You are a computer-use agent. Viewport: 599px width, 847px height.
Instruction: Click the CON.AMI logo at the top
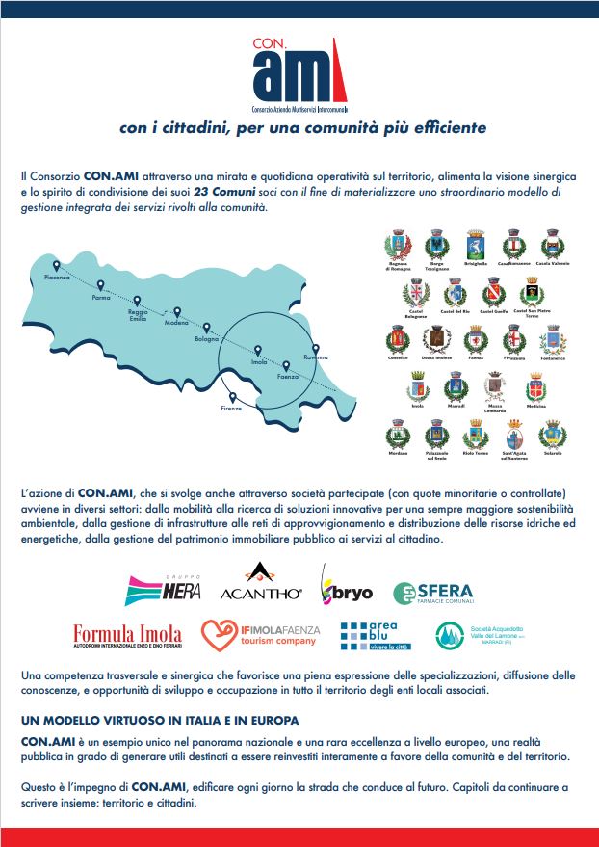[299, 73]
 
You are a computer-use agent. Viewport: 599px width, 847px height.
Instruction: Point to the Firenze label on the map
[231, 409]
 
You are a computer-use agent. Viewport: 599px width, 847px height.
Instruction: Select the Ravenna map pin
[315, 348]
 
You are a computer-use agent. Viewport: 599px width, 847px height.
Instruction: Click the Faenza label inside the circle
[288, 377]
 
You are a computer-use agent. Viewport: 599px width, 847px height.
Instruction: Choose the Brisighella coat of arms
[475, 245]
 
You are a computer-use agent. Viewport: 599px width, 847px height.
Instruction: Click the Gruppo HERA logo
[162, 590]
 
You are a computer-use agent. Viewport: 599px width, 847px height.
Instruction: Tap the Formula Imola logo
[127, 635]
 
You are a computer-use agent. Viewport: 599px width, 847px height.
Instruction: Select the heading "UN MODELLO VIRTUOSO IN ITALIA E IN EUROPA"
[159, 721]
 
